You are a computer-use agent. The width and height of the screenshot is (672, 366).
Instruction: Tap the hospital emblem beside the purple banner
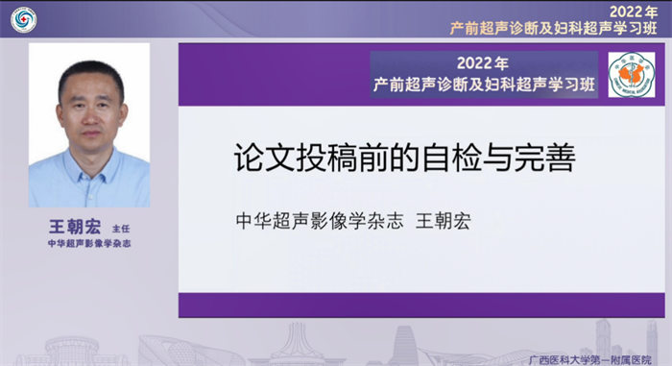point(631,75)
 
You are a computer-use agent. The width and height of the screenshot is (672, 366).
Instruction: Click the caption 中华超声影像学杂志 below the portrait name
point(88,245)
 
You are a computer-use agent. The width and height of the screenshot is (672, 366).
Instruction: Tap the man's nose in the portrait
point(91,117)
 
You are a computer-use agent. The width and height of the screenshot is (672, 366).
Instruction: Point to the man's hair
point(90,72)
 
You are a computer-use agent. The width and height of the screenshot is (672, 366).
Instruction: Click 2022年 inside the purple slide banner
point(483,64)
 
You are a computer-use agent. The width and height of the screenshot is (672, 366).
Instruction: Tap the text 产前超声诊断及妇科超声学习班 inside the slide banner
point(484,85)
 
